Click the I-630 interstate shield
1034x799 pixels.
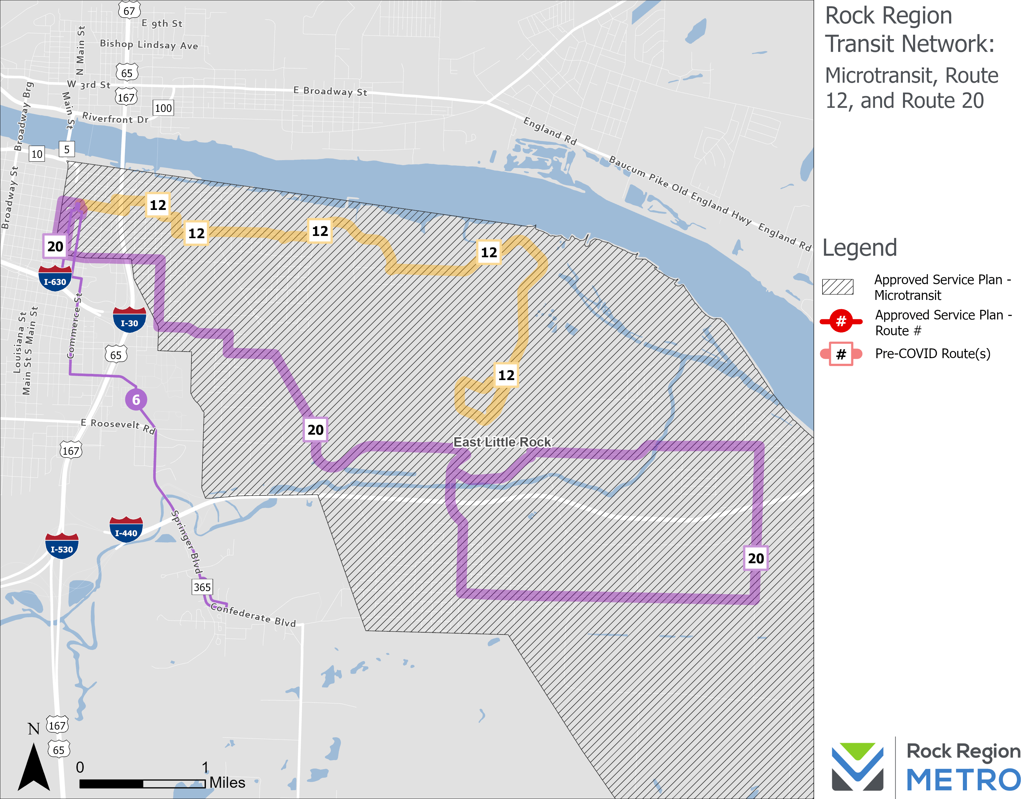click(55, 279)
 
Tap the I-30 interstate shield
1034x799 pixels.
click(129, 321)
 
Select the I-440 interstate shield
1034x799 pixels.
click(126, 530)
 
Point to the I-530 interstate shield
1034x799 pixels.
click(61, 547)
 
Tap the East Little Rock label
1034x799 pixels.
click(502, 442)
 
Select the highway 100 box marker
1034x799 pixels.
click(163, 108)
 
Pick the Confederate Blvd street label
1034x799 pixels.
click(253, 614)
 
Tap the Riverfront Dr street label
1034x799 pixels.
click(115, 118)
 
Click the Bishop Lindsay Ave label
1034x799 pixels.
click(149, 44)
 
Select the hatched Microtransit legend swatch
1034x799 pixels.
click(838, 287)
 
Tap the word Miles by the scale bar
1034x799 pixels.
click(227, 783)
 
